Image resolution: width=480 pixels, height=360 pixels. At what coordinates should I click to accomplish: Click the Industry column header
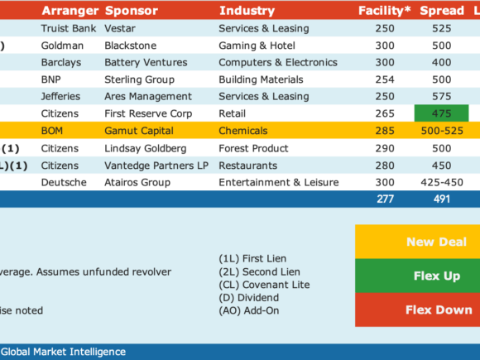247,11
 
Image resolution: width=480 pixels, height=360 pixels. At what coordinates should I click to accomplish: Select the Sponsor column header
132,11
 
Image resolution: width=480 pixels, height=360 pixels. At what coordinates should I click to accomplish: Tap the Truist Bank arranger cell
69,28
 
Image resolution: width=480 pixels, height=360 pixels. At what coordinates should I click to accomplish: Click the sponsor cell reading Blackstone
131,46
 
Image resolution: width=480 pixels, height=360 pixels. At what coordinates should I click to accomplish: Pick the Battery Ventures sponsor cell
146,62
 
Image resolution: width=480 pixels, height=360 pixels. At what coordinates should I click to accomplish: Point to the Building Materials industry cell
261,79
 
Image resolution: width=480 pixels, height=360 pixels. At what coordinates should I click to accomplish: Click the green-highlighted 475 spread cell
441,113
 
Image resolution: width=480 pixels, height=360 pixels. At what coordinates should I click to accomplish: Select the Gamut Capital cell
139,131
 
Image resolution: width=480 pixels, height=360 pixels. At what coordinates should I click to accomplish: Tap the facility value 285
385,131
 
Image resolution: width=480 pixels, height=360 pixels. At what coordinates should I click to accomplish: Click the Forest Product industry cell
253,148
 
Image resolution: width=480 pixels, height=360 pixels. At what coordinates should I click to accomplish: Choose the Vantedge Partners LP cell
156,166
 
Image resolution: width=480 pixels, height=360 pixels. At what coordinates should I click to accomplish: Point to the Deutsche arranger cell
64,182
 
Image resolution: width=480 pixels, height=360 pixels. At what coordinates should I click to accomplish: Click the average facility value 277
385,199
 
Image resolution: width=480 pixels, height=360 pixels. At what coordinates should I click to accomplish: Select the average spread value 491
442,199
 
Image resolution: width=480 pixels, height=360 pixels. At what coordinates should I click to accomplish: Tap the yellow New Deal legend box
418,242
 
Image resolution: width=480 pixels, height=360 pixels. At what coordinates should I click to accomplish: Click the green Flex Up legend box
418,276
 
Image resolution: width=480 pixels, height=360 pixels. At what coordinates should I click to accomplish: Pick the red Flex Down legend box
418,310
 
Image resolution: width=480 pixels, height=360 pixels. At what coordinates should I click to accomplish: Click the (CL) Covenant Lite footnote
264,285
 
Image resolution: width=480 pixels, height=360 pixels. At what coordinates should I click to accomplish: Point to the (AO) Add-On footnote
249,310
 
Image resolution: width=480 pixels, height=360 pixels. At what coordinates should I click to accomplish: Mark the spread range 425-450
442,182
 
